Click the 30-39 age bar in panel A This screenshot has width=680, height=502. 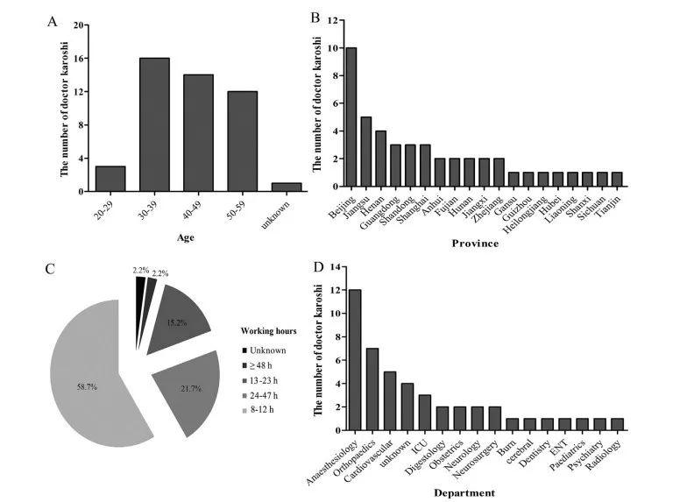[154, 124]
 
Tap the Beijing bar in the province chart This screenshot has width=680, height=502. [351, 117]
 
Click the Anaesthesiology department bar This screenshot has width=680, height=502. [355, 360]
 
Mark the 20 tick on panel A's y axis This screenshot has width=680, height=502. [78, 26]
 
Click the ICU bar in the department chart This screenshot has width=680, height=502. [423, 409]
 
